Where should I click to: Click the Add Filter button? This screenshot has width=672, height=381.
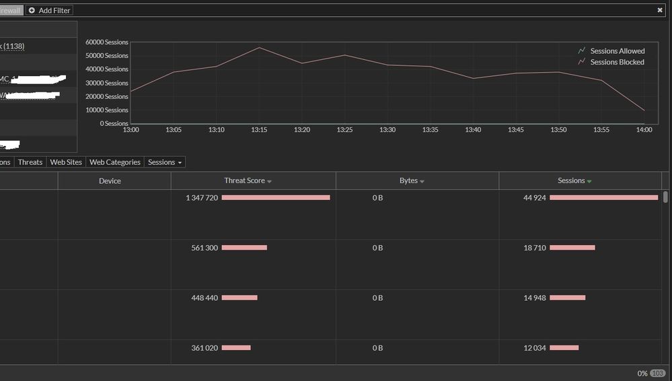click(49, 11)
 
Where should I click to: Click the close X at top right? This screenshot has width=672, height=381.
click(660, 11)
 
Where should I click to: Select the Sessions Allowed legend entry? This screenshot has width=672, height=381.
click(617, 51)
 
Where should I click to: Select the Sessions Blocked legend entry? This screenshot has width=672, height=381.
click(617, 62)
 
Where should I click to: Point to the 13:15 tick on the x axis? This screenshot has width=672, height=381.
click(259, 129)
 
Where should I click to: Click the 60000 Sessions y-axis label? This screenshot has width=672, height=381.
click(107, 42)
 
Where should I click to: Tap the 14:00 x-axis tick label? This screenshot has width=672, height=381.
click(644, 129)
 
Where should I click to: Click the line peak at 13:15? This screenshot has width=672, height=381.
click(259, 47)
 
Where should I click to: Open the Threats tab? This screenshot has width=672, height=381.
click(30, 162)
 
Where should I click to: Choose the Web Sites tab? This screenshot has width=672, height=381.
click(66, 162)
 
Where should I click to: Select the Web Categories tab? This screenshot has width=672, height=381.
click(115, 162)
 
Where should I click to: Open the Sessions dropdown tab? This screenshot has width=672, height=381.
click(165, 162)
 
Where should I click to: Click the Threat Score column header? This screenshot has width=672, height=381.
click(248, 180)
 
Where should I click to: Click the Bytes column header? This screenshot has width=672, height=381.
click(412, 180)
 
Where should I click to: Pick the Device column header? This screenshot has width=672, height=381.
click(110, 180)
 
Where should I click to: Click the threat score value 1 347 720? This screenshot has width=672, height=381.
click(202, 198)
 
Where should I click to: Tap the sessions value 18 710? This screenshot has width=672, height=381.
click(535, 248)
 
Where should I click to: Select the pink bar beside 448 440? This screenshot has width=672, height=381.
click(239, 298)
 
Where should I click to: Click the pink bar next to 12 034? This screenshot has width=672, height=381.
click(564, 347)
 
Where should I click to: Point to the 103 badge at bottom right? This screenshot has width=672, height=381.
click(657, 373)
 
